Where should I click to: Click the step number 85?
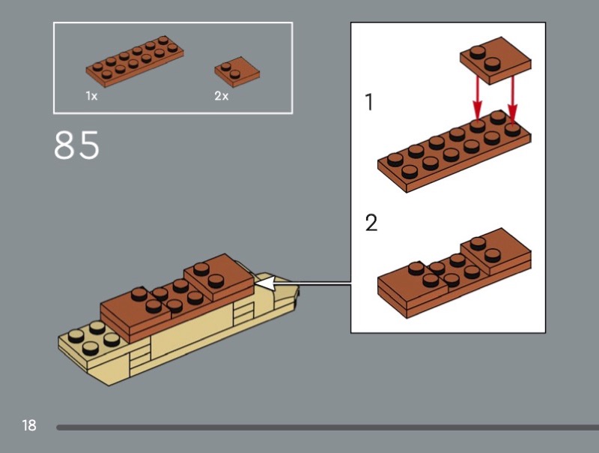pos(77,145)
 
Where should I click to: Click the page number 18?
pos(29,425)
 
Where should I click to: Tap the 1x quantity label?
pos(91,96)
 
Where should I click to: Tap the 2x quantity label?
pos(222,96)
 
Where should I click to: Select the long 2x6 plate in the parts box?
pos(135,61)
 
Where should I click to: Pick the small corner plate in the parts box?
pos(237,71)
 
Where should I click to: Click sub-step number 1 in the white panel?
pos(369,102)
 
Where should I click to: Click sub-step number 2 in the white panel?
pos(371,222)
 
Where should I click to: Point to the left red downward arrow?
pos(477,99)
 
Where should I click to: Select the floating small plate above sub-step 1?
pos(496,61)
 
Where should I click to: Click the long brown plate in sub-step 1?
pos(454,151)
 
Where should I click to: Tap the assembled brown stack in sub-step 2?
pos(454,274)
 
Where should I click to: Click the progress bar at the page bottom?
pos(327,427)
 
